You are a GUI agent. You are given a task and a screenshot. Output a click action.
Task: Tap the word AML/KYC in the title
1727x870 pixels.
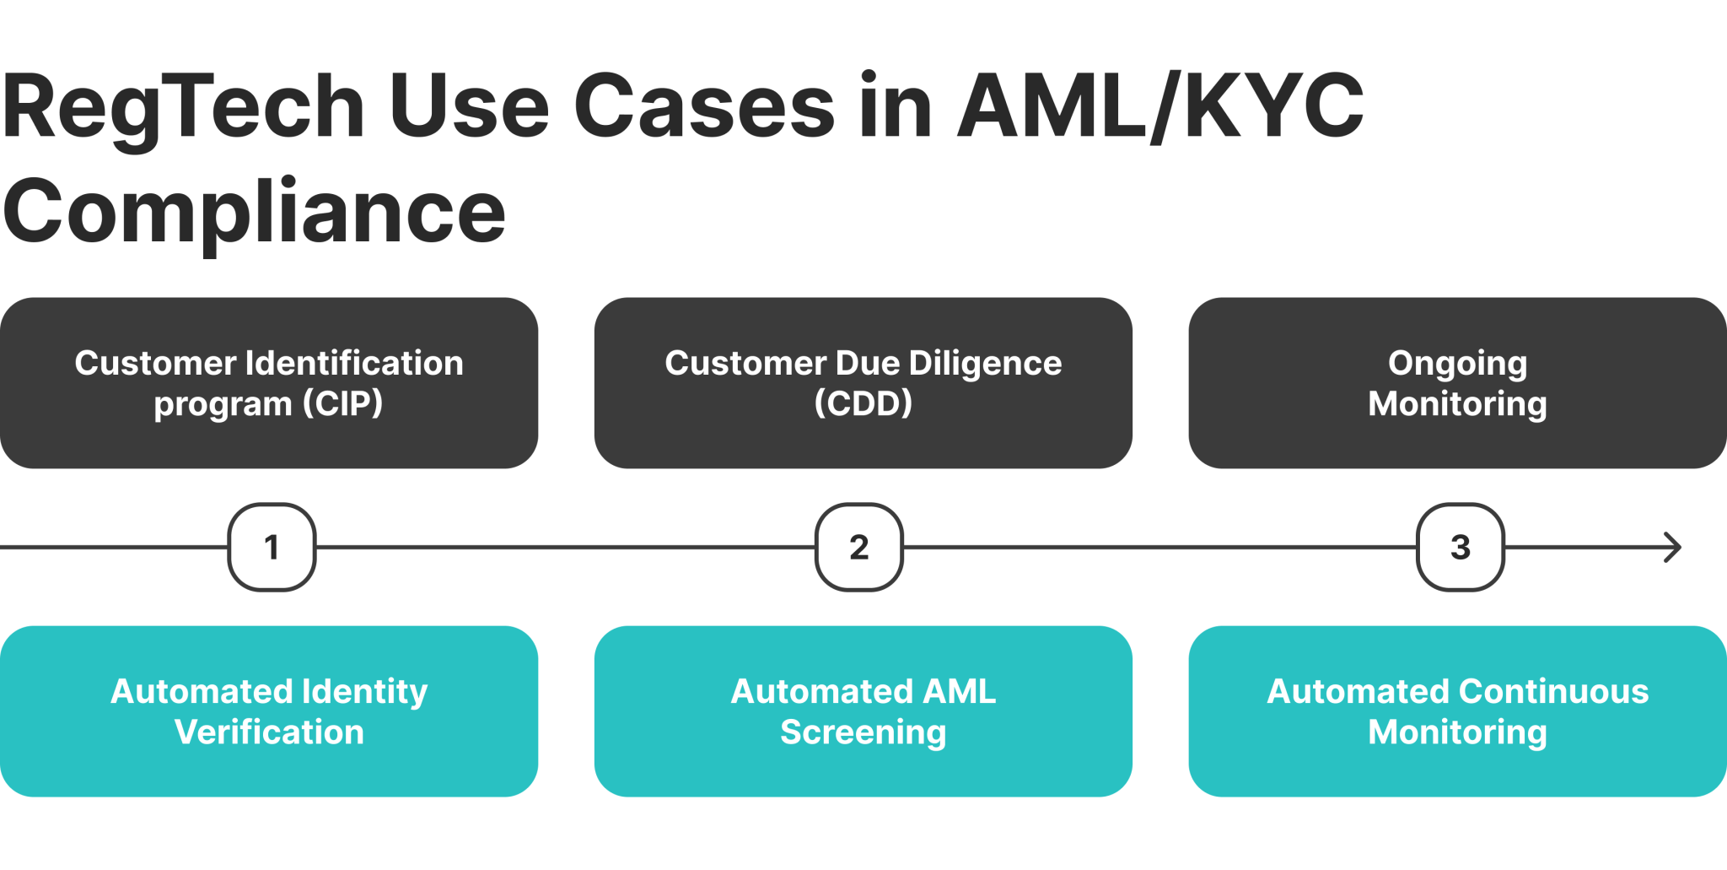tap(1160, 106)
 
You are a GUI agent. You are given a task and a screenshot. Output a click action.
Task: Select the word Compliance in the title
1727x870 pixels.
tap(254, 212)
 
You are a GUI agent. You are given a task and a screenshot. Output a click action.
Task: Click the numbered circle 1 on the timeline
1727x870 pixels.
tap(272, 548)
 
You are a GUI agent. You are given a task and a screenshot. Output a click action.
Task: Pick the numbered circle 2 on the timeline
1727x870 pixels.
tap(858, 548)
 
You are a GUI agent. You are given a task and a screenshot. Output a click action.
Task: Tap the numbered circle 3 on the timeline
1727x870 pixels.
tap(1460, 548)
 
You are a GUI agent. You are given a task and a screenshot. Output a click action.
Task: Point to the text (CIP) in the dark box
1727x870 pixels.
tap(343, 403)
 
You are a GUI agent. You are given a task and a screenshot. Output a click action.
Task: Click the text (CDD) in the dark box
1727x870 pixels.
tap(863, 403)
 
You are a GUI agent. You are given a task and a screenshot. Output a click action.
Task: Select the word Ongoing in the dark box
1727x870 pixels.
tap(1457, 364)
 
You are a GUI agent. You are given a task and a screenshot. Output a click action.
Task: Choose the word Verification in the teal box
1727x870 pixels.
tap(269, 732)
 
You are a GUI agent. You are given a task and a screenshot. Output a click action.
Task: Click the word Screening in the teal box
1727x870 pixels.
tap(863, 732)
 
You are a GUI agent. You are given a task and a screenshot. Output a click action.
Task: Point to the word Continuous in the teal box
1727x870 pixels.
tap(1555, 692)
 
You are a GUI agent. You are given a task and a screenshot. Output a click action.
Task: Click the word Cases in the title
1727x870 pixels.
tap(704, 108)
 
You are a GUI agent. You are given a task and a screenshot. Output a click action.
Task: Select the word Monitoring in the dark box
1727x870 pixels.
tap(1457, 403)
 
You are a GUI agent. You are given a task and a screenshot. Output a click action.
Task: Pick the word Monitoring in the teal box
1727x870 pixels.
tap(1457, 732)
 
